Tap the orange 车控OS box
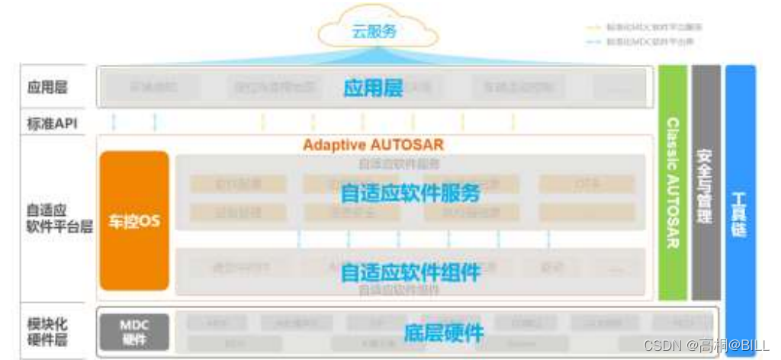pyautogui.click(x=134, y=220)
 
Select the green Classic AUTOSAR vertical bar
pyautogui.click(x=673, y=183)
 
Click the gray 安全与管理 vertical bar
pyautogui.click(x=705, y=183)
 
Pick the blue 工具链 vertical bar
pyautogui.click(x=740, y=206)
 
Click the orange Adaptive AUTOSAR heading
pyautogui.click(x=373, y=144)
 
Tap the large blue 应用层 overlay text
pyautogui.click(x=373, y=88)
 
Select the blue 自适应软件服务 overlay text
pyautogui.click(x=410, y=194)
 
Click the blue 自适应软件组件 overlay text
pyautogui.click(x=410, y=272)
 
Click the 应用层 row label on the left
pyautogui.click(x=47, y=88)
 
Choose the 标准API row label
pyautogui.click(x=52, y=123)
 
